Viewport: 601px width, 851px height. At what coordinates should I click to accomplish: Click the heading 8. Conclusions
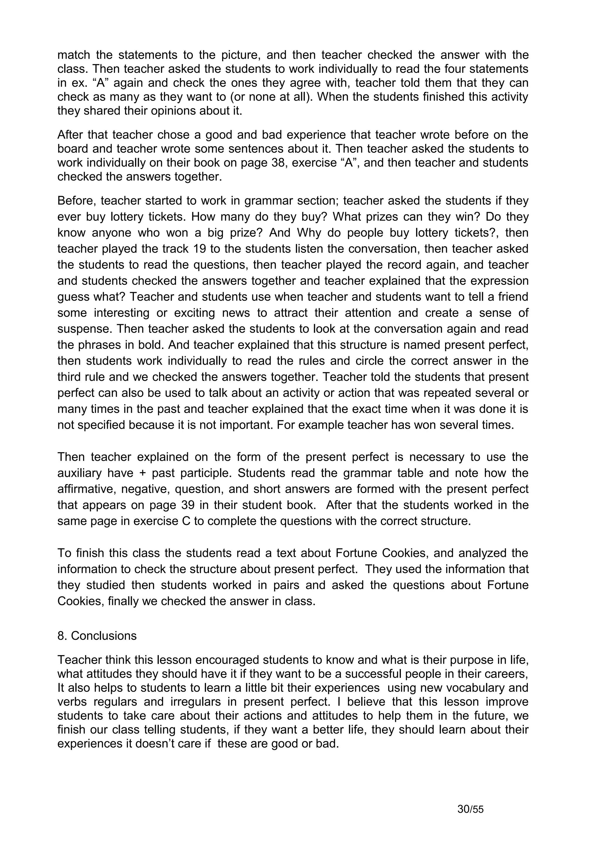[x=97, y=636]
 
